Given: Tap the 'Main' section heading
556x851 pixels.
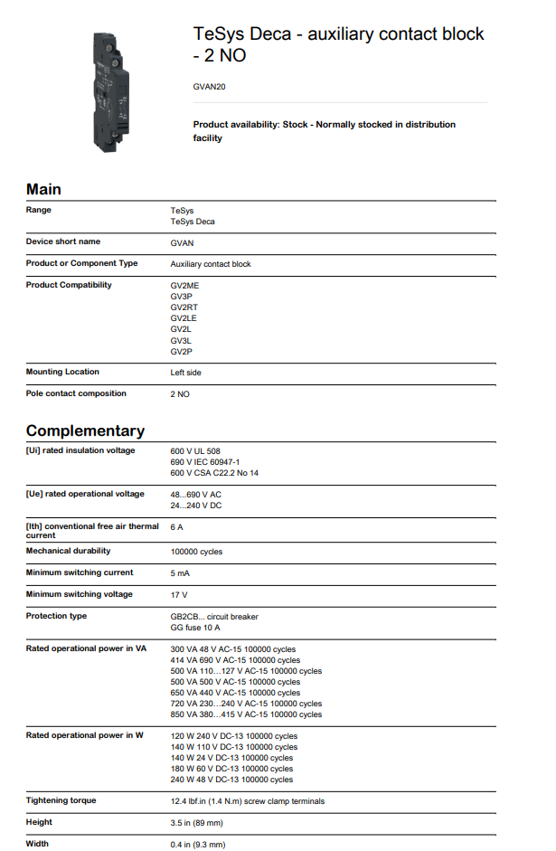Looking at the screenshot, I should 43,189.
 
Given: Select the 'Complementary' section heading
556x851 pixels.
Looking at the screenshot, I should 85,430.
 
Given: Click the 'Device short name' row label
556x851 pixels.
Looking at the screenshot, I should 63,241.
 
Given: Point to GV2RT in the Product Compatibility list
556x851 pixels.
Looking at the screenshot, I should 184,307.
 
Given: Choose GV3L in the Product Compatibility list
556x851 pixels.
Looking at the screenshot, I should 181,341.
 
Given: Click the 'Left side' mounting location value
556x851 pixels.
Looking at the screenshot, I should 185,373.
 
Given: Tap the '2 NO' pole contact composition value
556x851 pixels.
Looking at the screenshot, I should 180,394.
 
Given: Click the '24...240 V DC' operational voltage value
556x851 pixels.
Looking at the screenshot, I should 195,506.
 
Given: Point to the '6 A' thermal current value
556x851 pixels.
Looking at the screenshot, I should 177,527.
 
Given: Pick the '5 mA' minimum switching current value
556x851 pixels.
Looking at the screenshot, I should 180,573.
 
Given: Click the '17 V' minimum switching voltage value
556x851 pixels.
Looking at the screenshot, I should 179,595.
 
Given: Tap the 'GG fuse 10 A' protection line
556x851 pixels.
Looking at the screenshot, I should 195,628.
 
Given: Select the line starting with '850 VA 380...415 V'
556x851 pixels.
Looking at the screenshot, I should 246,714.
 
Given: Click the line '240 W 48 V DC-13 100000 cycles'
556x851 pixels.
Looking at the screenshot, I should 231,780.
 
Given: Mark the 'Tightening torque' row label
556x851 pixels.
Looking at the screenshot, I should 61,800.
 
